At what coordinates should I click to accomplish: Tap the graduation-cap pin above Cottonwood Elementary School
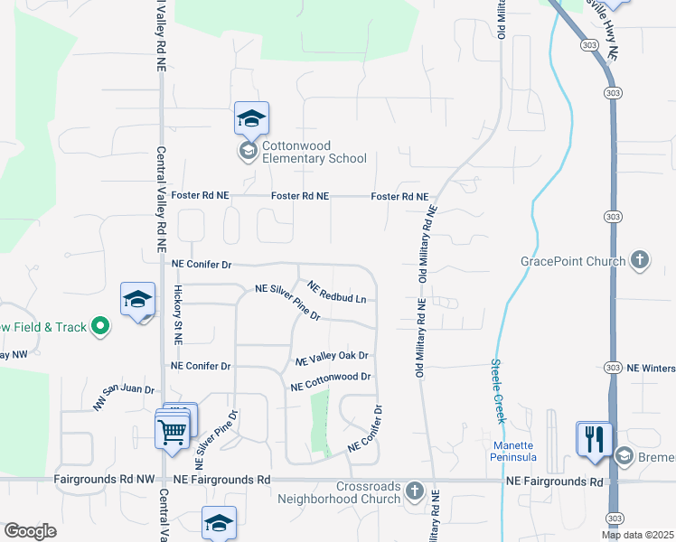(x=252, y=118)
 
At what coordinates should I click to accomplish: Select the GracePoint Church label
(x=573, y=262)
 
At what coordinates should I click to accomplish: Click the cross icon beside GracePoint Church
(x=640, y=261)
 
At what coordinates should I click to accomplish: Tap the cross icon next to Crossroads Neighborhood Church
(x=415, y=491)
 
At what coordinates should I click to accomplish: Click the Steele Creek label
(x=497, y=391)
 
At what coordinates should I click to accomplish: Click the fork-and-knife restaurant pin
(x=594, y=439)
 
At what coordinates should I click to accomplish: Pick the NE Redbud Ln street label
(x=336, y=292)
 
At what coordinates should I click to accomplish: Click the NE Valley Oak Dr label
(x=332, y=359)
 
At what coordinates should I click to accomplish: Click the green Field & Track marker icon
(x=101, y=326)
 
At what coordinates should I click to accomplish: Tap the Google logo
(x=30, y=531)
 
